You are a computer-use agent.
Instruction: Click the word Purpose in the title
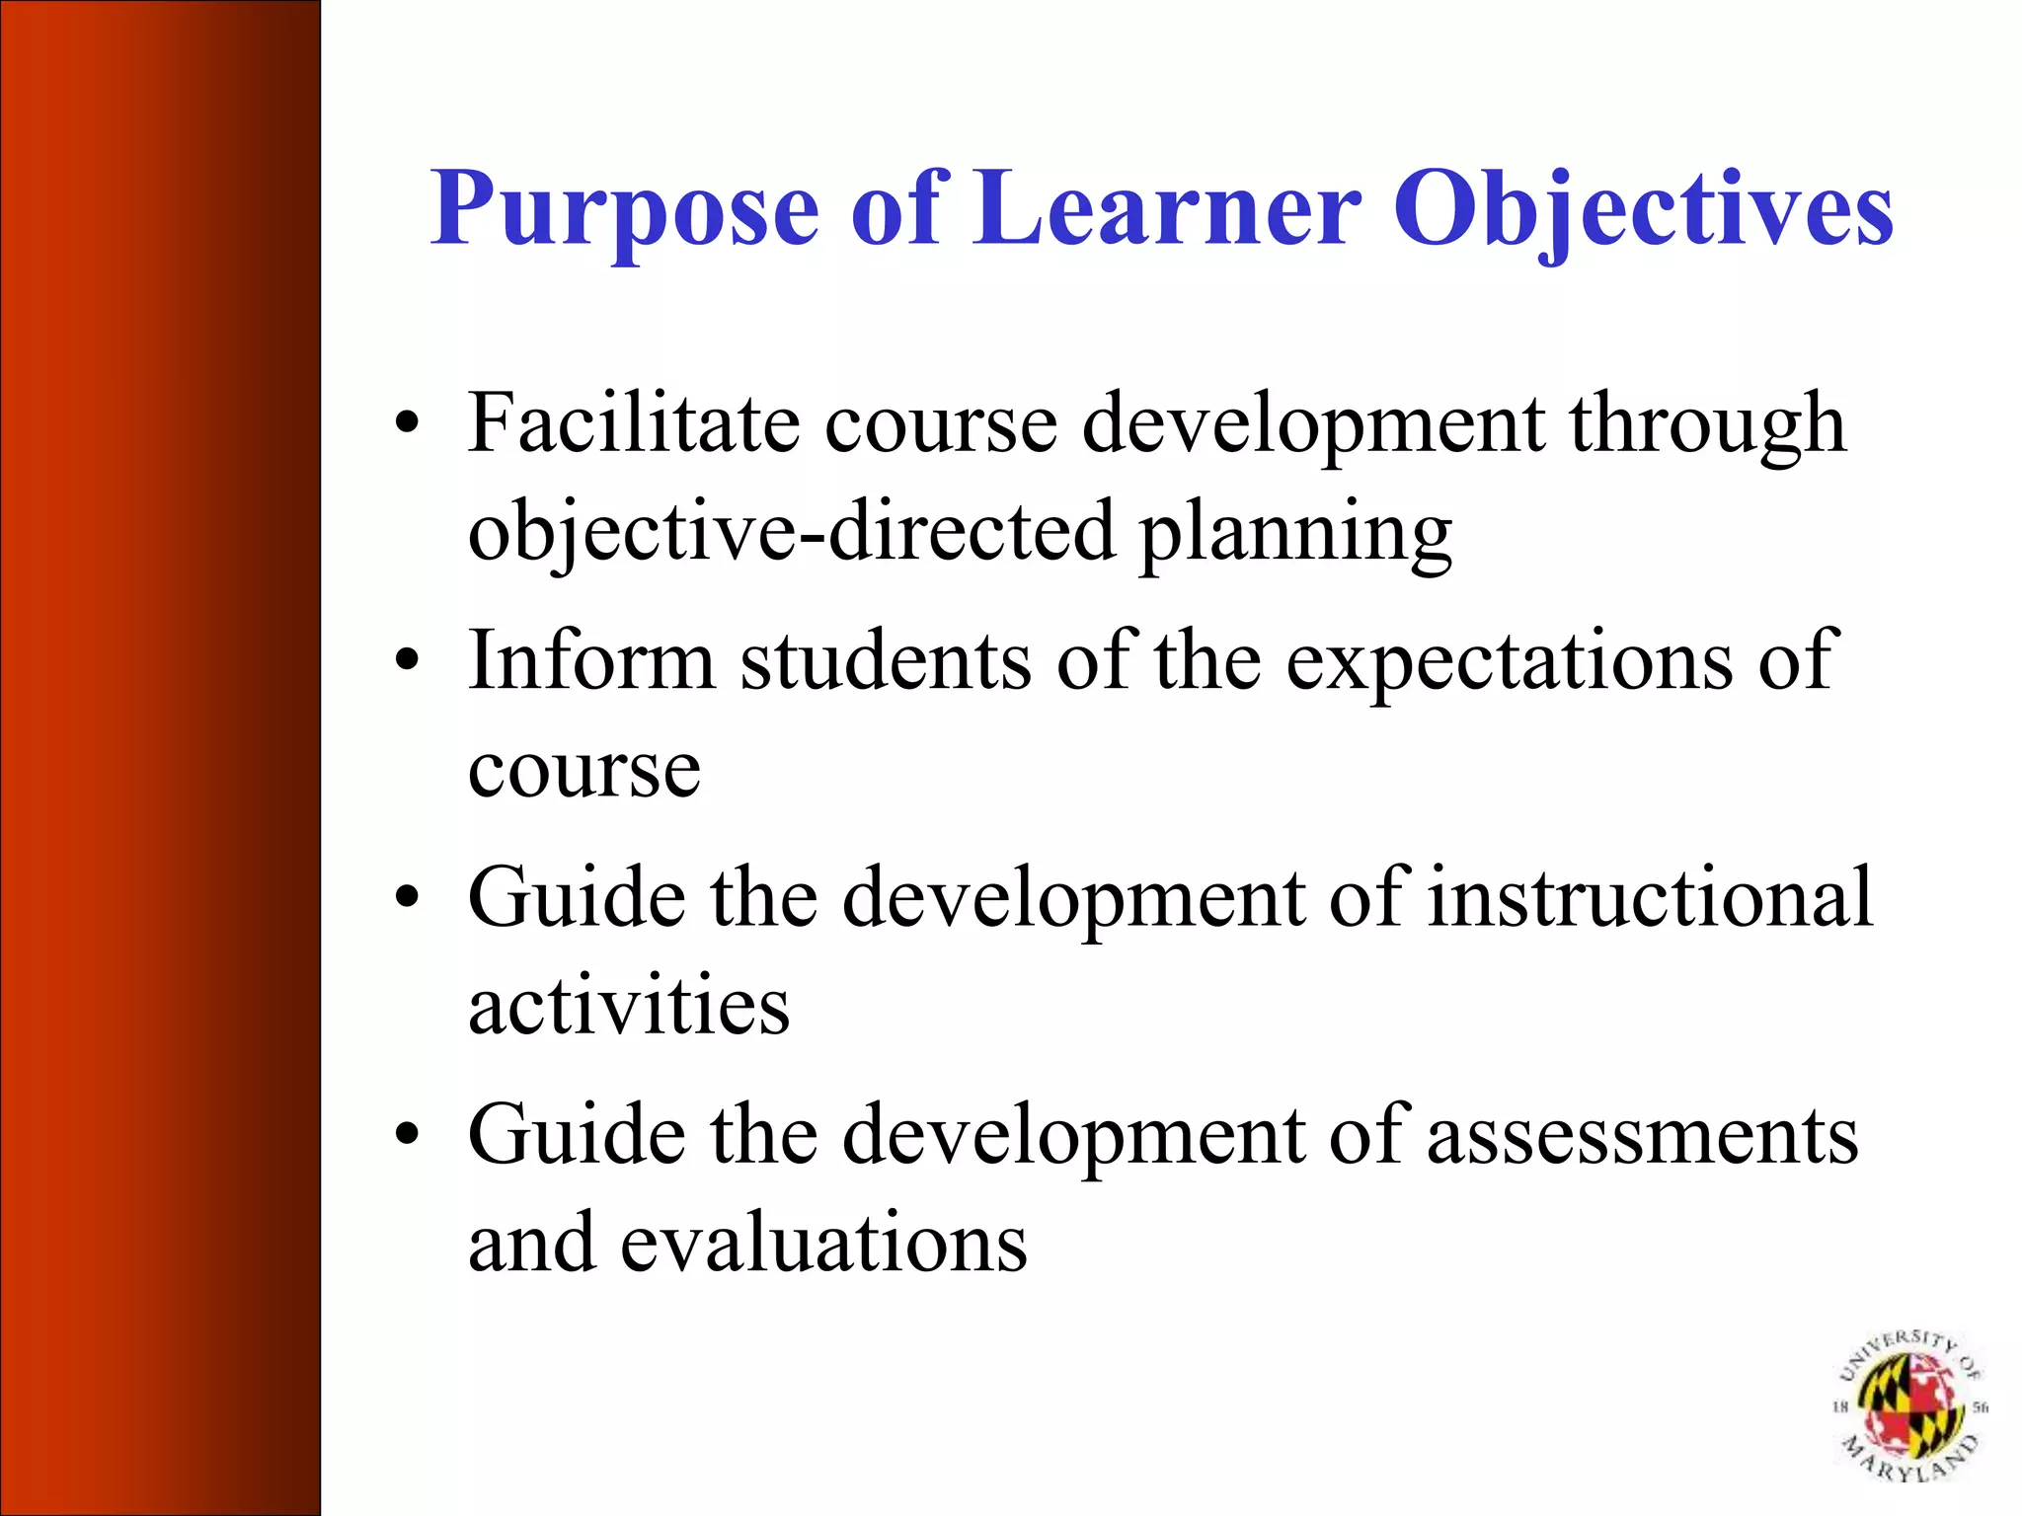pyautogui.click(x=624, y=209)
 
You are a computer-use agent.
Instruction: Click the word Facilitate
pyautogui.click(x=633, y=423)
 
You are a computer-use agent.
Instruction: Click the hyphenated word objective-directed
pyautogui.click(x=791, y=532)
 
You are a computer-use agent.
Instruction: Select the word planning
pyautogui.click(x=1295, y=534)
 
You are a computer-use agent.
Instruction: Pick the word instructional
pyautogui.click(x=1650, y=897)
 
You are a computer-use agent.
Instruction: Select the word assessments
pyautogui.click(x=1642, y=1136)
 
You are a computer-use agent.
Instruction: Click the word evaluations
pyautogui.click(x=823, y=1243)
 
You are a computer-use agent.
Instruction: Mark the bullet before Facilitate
pyautogui.click(x=407, y=424)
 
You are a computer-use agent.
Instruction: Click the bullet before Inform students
pyautogui.click(x=407, y=660)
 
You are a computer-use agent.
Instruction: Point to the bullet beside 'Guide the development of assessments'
pyautogui.click(x=407, y=1135)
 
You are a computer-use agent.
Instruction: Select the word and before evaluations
pyautogui.click(x=531, y=1243)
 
